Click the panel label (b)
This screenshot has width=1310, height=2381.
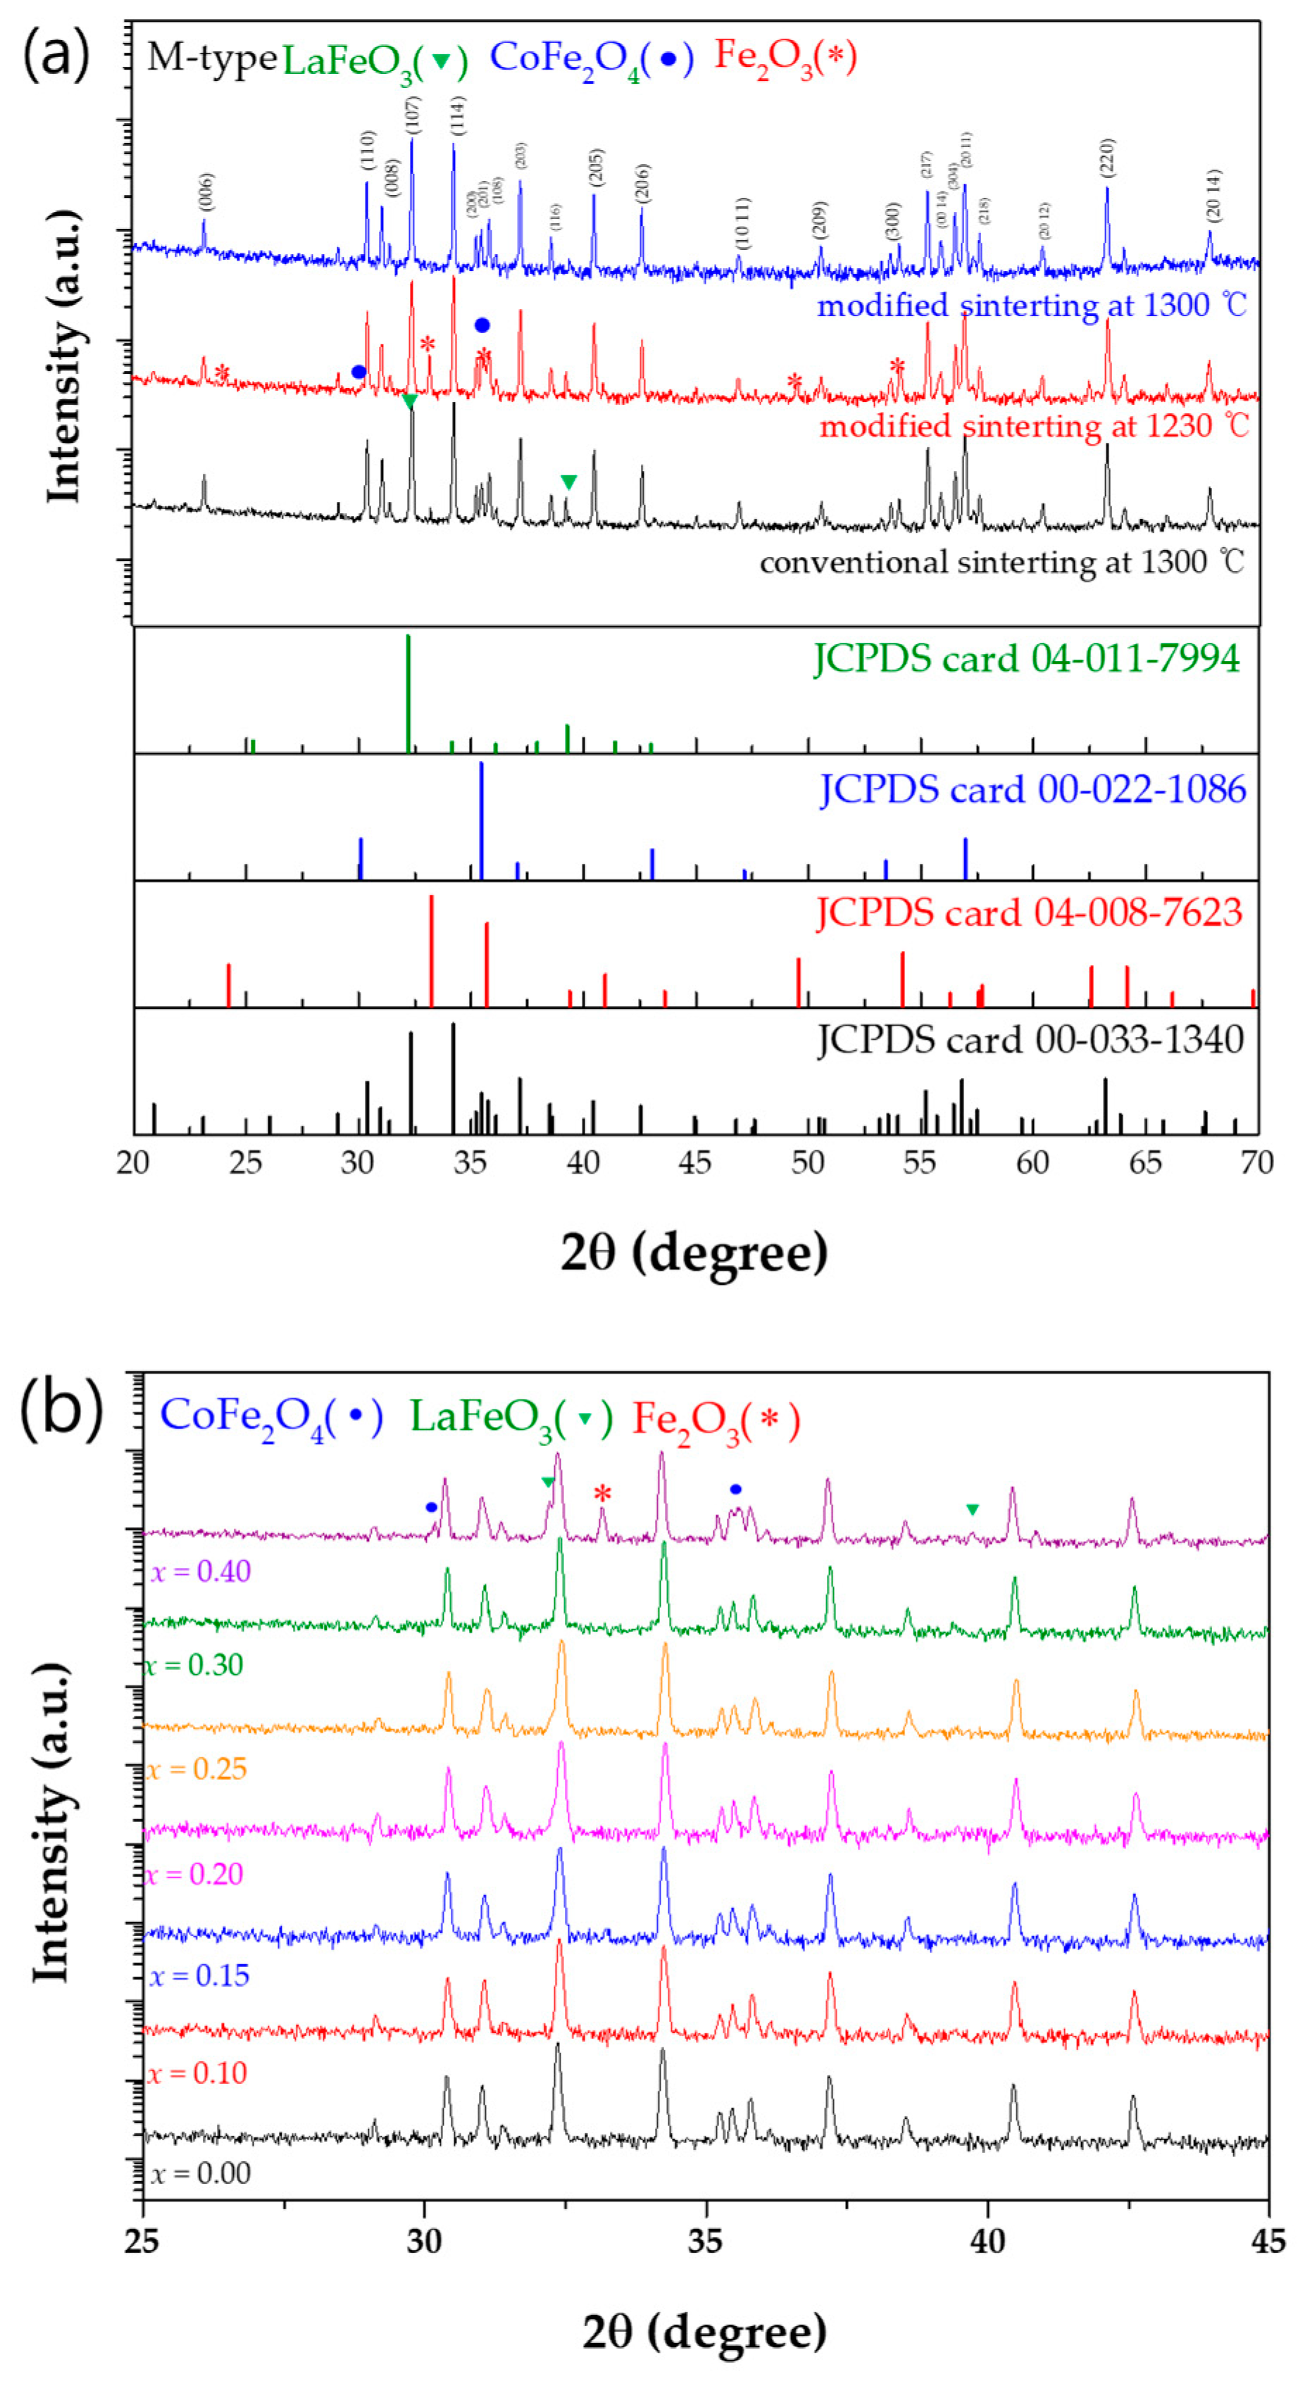point(61,1409)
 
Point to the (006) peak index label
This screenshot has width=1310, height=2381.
point(205,192)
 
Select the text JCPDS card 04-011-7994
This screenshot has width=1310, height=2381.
point(1026,659)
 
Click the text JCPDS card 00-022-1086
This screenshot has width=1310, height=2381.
point(1033,789)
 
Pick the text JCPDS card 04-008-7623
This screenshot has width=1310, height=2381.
point(1029,913)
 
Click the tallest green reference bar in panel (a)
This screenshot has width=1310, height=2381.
point(408,693)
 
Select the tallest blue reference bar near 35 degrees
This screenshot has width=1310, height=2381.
point(482,821)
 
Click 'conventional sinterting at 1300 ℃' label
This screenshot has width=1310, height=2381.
point(1002,562)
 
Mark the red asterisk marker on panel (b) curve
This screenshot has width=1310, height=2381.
point(603,1495)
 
